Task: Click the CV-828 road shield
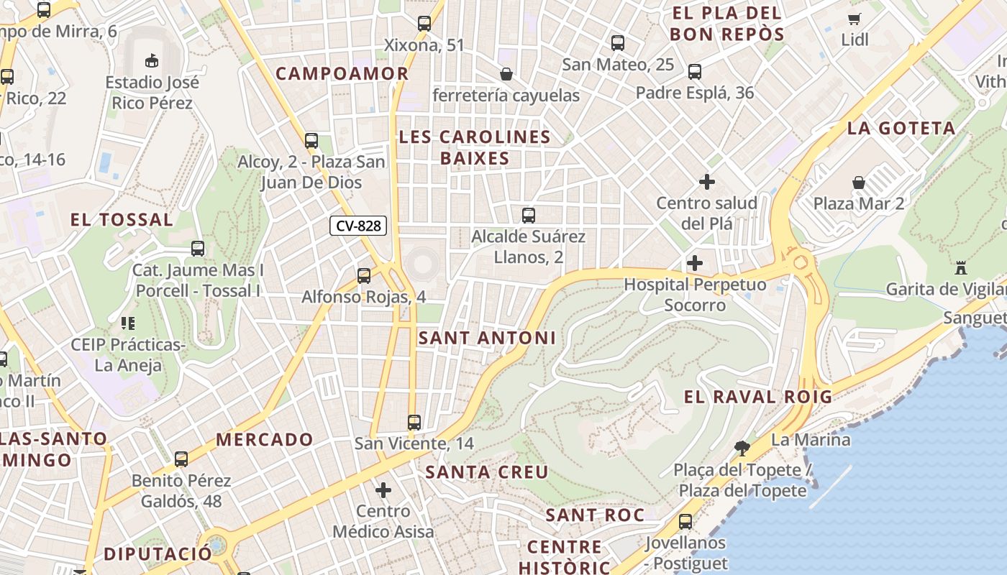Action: click(x=358, y=226)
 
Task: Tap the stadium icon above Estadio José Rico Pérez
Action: click(x=152, y=61)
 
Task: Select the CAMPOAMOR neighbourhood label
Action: click(x=342, y=73)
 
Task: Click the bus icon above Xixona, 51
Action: click(x=424, y=24)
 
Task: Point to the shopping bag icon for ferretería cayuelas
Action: click(x=506, y=73)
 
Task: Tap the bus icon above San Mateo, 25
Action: click(x=618, y=42)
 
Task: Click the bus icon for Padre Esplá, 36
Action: click(x=694, y=72)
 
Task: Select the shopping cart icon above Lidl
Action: click(x=855, y=19)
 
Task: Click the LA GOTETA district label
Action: click(x=901, y=129)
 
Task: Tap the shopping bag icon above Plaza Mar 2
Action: click(x=858, y=183)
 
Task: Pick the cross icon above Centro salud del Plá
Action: click(x=707, y=182)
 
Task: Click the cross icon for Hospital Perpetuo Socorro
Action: click(x=695, y=263)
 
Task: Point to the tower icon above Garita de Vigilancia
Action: click(x=960, y=268)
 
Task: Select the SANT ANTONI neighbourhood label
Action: click(x=487, y=338)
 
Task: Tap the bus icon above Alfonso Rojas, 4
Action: click(x=364, y=275)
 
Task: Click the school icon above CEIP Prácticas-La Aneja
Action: click(x=128, y=323)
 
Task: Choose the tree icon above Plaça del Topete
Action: click(x=742, y=448)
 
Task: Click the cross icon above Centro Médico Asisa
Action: click(x=383, y=490)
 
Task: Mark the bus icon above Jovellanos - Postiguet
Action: click(x=685, y=522)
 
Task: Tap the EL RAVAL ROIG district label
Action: click(x=757, y=397)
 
